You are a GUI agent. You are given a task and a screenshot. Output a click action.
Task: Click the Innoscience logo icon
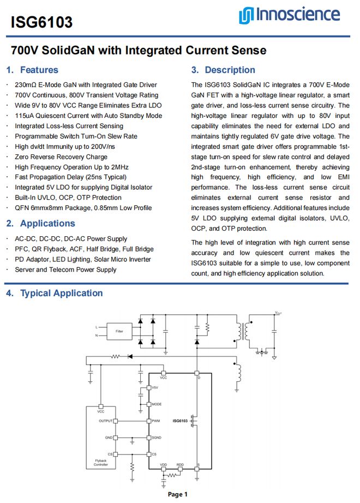(x=244, y=15)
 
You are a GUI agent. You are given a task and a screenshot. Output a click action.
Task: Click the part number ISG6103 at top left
(x=41, y=22)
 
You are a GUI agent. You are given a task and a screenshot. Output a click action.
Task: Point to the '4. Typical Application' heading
(x=54, y=293)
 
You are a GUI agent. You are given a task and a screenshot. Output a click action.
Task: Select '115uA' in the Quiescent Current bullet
(x=25, y=116)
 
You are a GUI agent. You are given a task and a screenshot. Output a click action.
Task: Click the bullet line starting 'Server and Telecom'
(x=65, y=269)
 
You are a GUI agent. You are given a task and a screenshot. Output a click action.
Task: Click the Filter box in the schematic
(x=119, y=331)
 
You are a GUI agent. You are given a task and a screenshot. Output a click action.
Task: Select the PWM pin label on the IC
(x=156, y=421)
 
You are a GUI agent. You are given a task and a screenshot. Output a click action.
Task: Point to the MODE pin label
(x=157, y=404)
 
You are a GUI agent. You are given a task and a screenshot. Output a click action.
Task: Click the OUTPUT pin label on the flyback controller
(x=105, y=421)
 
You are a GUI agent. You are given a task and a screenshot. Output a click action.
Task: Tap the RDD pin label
(x=180, y=465)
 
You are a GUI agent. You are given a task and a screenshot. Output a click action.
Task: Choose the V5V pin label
(x=155, y=387)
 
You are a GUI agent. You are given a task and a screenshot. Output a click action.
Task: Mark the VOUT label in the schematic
(x=278, y=313)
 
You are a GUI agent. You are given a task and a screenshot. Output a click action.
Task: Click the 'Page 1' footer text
(x=178, y=494)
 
